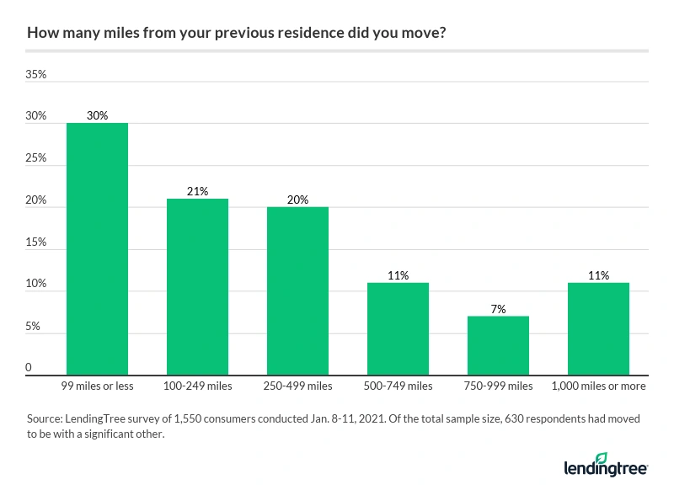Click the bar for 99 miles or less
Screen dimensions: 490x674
pos(97,249)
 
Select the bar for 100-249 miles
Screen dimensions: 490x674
pos(197,287)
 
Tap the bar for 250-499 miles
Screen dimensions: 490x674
pos(297,291)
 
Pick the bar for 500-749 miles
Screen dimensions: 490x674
pos(398,329)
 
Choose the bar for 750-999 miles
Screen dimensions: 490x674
pos(498,346)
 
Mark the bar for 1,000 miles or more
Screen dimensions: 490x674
pos(598,329)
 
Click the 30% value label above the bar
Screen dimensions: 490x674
pos(97,115)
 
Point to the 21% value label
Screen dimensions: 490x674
pos(197,191)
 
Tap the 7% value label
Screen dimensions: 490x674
pos(498,309)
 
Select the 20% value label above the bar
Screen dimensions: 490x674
pos(297,200)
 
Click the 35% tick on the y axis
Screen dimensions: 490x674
pos(36,75)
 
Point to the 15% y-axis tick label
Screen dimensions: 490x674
pos(36,243)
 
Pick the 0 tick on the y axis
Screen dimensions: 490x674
pos(29,368)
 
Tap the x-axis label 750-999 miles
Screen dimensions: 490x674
pos(498,386)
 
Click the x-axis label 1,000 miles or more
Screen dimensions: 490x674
pos(598,386)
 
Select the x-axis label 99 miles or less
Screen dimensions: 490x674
pos(97,386)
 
